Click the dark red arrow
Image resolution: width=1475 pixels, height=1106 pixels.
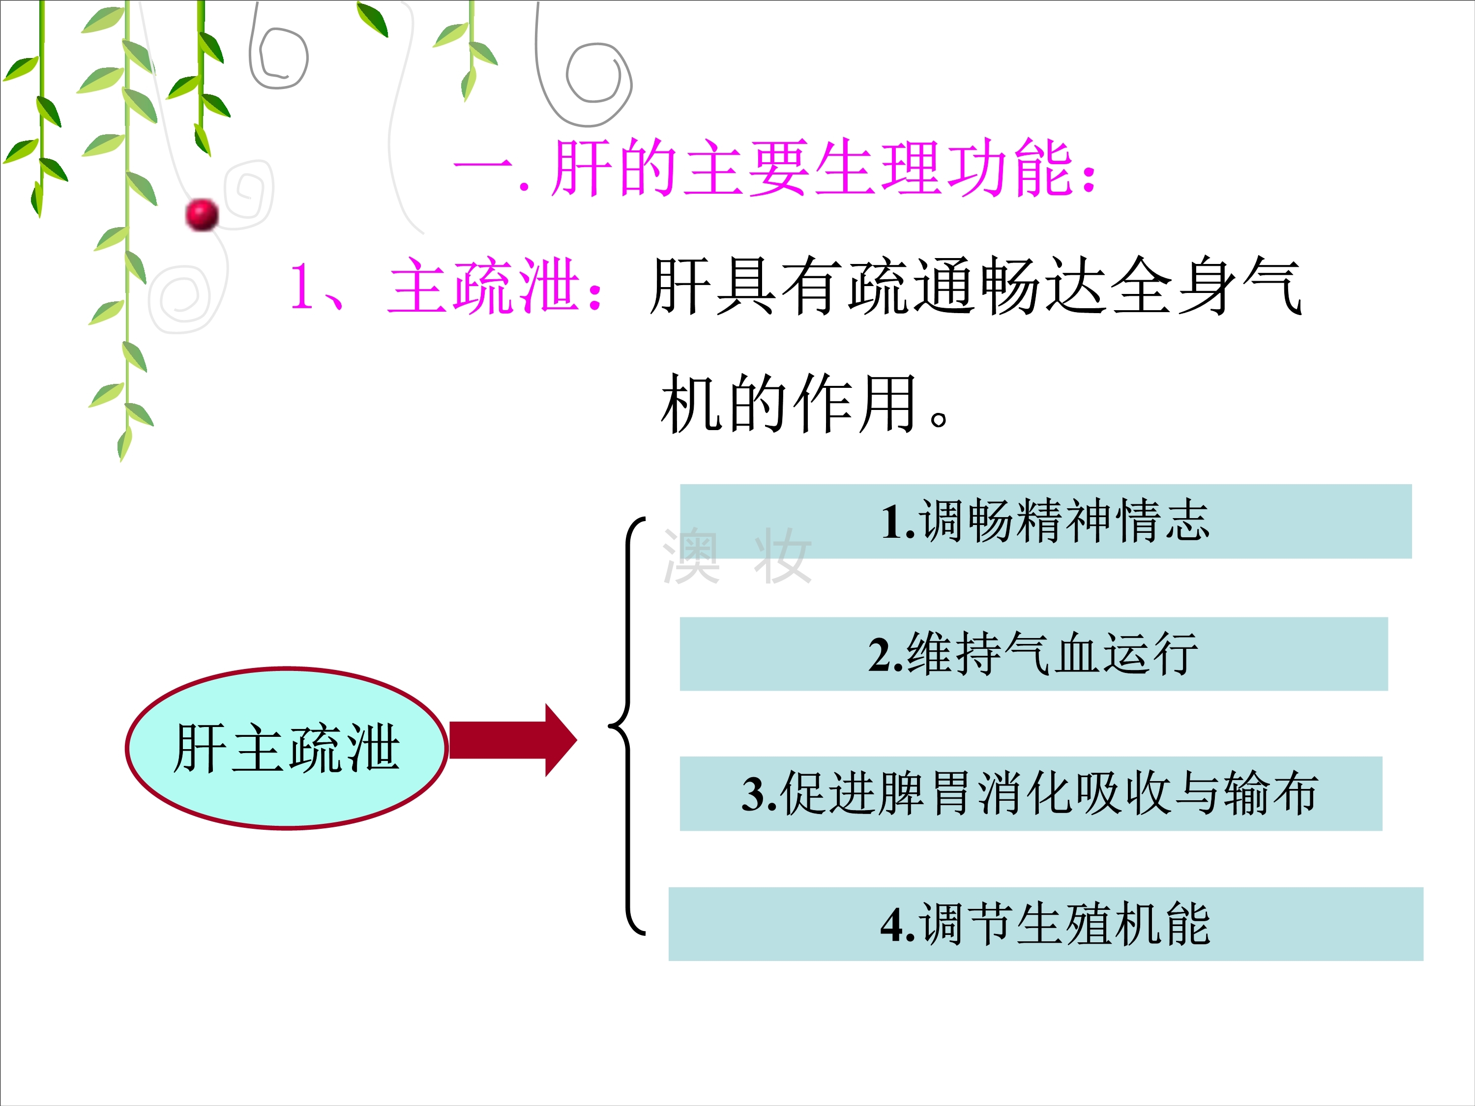pyautogui.click(x=513, y=740)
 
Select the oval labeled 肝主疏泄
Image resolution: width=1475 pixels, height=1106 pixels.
pyautogui.click(x=287, y=748)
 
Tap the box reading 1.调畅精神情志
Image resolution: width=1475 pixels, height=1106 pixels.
pyautogui.click(x=1046, y=522)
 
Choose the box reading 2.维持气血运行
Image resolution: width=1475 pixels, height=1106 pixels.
pyautogui.click(x=1033, y=654)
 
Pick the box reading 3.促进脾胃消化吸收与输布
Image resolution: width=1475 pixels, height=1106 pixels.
pyautogui.click(x=1031, y=793)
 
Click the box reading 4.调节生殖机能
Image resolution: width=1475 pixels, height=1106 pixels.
pyautogui.click(x=1046, y=924)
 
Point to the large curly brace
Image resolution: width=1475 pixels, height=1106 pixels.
pyautogui.click(x=627, y=726)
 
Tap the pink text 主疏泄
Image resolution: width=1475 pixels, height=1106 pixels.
pyautogui.click(x=483, y=287)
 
